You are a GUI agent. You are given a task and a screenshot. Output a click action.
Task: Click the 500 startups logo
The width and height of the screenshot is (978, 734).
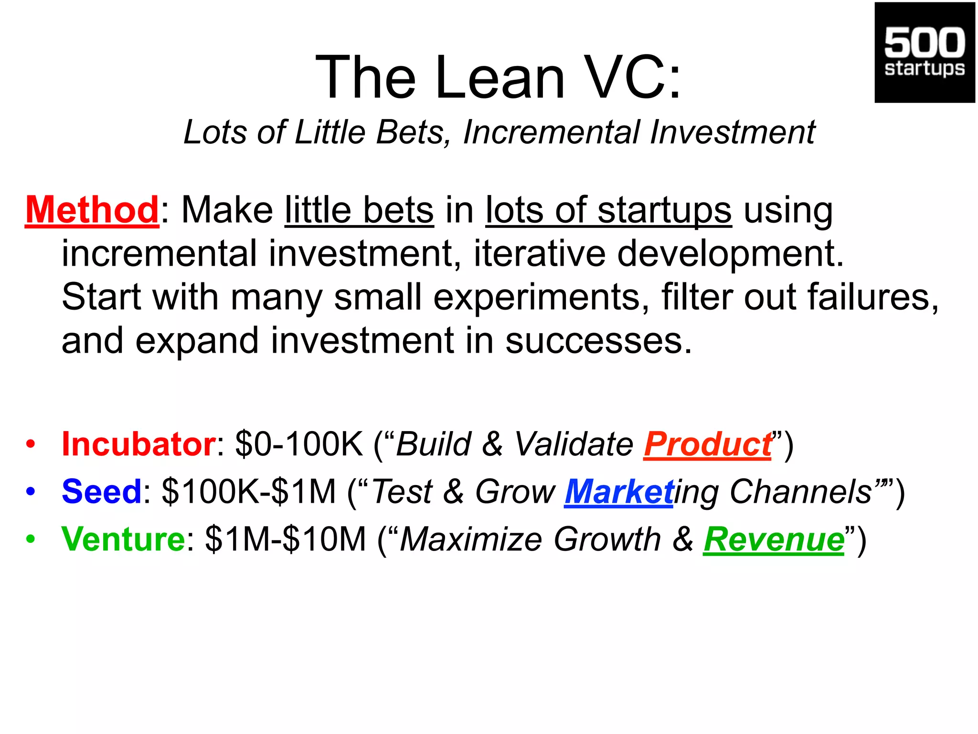925,53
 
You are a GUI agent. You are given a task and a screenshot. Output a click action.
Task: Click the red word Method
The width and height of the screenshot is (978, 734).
92,210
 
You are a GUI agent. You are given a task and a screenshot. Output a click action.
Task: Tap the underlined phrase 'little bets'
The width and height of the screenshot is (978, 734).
359,210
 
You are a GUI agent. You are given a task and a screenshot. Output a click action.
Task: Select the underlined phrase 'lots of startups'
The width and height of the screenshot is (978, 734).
608,210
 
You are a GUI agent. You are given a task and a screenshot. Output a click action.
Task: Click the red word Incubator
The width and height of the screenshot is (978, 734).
138,444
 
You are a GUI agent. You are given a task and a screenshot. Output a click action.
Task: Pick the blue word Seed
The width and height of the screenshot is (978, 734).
102,491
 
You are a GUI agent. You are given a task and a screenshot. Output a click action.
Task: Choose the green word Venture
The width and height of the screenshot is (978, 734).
123,539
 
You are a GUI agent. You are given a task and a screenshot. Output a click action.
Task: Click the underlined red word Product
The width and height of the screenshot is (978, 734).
708,444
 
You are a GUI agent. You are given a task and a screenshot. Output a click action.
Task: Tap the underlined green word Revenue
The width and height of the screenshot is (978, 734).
774,539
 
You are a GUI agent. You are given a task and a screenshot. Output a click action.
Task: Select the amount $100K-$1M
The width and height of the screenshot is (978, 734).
249,491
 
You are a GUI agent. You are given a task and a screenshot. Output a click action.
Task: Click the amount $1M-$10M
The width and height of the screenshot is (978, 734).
285,539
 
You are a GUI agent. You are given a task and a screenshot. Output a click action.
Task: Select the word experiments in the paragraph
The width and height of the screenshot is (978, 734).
539,297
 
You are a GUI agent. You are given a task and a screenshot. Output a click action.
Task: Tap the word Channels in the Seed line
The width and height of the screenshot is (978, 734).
801,491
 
